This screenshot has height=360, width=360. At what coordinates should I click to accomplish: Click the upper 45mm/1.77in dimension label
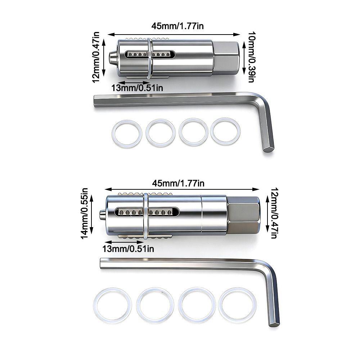pyautogui.click(x=177, y=26)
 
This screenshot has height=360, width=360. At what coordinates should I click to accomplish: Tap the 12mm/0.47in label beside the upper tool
pyautogui.click(x=96, y=57)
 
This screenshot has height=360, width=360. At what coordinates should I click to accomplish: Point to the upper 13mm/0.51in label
pyautogui.click(x=137, y=88)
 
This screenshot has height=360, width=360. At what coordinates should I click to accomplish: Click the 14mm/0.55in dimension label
pyautogui.click(x=84, y=213)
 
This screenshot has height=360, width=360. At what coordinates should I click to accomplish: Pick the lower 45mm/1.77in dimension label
pyautogui.click(x=178, y=183)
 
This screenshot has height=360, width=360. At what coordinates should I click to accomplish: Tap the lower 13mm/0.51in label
pyautogui.click(x=128, y=249)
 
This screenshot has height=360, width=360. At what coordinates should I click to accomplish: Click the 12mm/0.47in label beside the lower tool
pyautogui.click(x=275, y=213)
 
